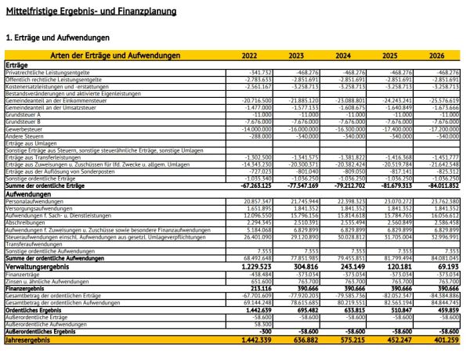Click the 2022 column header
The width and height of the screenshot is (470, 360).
tap(249, 56)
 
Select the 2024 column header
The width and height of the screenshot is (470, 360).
tap(342, 56)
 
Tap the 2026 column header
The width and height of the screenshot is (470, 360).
tap(436, 56)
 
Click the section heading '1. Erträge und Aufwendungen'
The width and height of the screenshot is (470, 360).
tap(57, 37)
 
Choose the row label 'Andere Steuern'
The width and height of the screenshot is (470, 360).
tap(26, 135)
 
